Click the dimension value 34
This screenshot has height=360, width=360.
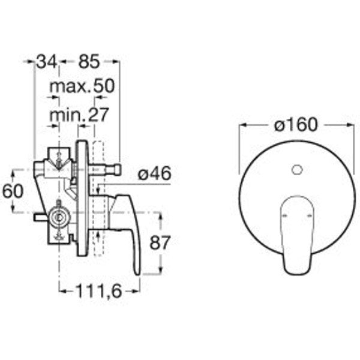point(47,61)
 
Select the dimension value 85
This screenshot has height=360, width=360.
point(89,61)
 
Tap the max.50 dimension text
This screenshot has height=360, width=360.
point(82,86)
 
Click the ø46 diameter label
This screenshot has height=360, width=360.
point(155,173)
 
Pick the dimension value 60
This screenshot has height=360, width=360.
point(13,191)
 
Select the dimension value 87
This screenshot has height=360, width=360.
point(160,242)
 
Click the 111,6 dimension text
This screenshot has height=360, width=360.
point(98,292)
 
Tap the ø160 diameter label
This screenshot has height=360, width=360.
point(296,125)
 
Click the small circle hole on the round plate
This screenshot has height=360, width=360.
point(297,170)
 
